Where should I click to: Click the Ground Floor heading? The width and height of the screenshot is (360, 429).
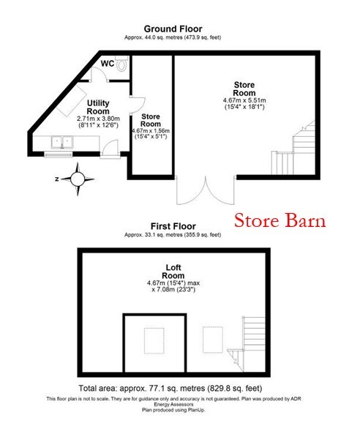173,29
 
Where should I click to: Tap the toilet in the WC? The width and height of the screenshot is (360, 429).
121,64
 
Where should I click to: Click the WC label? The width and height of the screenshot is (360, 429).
108,64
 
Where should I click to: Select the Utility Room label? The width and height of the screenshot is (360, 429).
98,107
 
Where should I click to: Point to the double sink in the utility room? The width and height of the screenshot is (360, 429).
62,142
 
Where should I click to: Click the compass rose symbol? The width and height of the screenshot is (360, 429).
78,179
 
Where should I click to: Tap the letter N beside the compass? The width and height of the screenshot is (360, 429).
57,179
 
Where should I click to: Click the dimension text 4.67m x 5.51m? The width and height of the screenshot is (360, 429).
244,100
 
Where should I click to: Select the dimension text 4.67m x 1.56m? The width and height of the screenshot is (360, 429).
151,130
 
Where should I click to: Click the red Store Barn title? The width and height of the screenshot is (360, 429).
280,221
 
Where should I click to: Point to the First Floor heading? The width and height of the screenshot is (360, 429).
173,226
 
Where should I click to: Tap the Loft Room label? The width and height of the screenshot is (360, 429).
173,271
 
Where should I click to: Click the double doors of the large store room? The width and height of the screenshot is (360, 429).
206,190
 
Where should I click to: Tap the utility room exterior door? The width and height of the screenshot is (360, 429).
110,149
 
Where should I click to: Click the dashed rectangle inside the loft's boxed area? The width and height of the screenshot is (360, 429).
154,340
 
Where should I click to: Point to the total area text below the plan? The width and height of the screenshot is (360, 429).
170,388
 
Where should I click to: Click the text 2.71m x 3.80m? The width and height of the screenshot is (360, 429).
98,119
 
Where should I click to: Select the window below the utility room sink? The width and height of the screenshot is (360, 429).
59,155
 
